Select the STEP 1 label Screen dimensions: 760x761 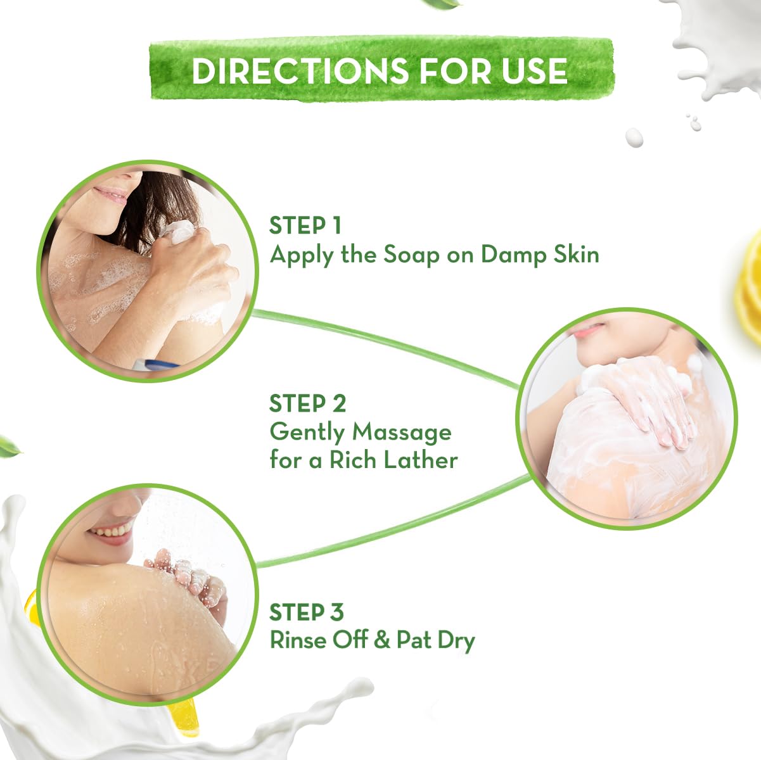[306, 225]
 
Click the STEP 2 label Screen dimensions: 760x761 [308, 403]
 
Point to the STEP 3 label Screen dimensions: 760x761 [307, 612]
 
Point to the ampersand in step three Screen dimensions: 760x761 [382, 640]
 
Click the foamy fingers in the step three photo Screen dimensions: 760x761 [190, 573]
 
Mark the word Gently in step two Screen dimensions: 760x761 [308, 433]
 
